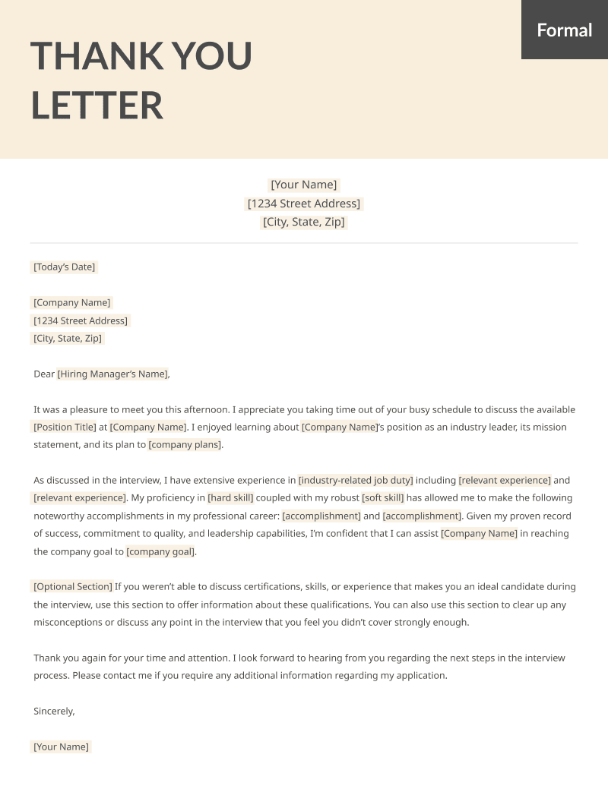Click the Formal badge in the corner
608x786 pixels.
click(564, 30)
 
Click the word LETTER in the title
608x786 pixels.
click(97, 105)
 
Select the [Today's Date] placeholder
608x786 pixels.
click(65, 267)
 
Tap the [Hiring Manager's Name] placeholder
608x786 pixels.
click(112, 374)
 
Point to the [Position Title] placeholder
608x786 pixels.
click(65, 427)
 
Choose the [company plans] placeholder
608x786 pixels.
click(185, 444)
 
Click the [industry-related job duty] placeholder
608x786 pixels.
click(356, 480)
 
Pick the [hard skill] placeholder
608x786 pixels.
click(230, 498)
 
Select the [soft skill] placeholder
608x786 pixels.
click(383, 498)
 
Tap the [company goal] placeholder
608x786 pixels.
click(160, 551)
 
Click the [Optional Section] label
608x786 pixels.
click(73, 586)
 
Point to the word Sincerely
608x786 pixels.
click(54, 712)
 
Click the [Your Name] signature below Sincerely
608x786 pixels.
click(62, 747)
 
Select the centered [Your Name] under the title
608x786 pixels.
click(304, 185)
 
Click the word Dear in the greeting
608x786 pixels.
click(44, 374)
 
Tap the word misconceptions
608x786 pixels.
click(70, 622)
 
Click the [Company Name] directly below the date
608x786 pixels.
click(72, 302)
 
